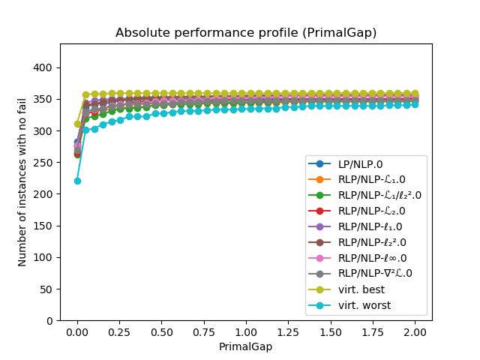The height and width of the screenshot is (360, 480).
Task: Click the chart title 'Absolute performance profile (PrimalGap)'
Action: pos(246,33)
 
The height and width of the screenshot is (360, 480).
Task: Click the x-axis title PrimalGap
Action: pos(246,346)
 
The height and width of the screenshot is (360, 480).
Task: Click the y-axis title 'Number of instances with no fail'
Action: pos(22,181)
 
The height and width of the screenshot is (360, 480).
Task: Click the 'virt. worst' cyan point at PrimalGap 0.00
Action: pos(77,181)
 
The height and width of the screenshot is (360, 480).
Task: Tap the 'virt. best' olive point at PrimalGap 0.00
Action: pos(77,124)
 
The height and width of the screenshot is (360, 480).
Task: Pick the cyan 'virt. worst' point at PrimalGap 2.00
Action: pos(414,104)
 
